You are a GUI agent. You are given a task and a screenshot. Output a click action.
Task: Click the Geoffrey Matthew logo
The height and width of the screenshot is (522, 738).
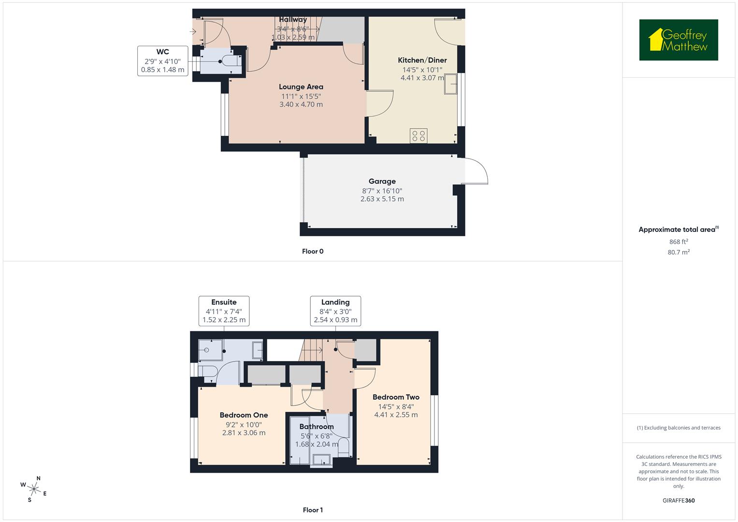(x=678, y=40)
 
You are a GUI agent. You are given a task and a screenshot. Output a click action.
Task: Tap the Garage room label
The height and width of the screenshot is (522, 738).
(x=382, y=182)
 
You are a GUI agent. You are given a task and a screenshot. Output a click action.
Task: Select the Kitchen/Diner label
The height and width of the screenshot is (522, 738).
(x=422, y=60)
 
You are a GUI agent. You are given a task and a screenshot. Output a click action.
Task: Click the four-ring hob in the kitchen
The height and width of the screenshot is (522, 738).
(x=419, y=135)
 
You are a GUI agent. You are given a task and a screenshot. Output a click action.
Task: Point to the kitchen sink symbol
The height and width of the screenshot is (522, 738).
(x=450, y=85)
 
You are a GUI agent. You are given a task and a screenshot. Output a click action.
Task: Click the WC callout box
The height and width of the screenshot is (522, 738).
(x=162, y=61)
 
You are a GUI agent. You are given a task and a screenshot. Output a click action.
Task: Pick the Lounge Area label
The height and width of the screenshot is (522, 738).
(x=301, y=87)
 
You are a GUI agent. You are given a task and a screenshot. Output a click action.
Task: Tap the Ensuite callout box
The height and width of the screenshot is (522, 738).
(x=224, y=311)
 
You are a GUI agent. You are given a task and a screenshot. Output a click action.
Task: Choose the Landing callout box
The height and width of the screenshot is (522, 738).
(x=335, y=311)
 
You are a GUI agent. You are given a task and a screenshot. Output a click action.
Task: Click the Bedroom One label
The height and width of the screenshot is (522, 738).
(x=244, y=415)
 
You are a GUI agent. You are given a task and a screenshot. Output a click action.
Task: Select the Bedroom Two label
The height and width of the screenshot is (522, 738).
(x=396, y=397)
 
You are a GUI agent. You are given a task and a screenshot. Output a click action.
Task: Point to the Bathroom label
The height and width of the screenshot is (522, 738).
(x=317, y=427)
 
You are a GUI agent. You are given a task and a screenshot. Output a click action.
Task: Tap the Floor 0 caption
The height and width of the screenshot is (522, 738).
(x=313, y=251)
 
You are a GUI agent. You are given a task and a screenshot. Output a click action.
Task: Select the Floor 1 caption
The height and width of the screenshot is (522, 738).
(x=313, y=510)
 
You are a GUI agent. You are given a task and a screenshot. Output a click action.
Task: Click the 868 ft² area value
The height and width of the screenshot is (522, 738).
(x=678, y=242)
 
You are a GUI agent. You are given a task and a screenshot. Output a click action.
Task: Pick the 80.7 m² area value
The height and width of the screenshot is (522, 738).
(x=678, y=252)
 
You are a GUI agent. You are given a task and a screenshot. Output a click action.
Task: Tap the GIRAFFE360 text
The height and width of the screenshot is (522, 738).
(x=678, y=501)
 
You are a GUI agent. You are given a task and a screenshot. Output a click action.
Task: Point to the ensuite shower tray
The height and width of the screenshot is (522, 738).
(x=211, y=349)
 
